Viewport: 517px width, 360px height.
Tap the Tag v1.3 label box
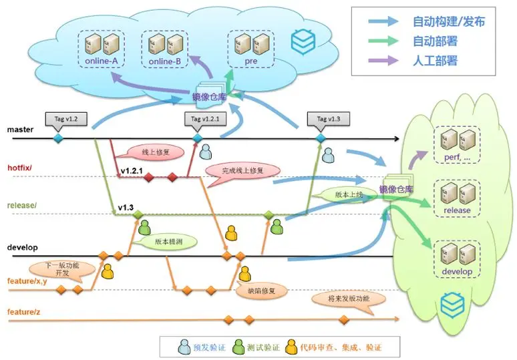coord(325,118)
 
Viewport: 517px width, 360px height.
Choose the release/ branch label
coord(22,204)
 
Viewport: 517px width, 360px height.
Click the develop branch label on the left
coord(22,246)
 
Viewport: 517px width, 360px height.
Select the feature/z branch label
coord(25,312)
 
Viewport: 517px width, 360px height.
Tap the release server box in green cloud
coord(457,198)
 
